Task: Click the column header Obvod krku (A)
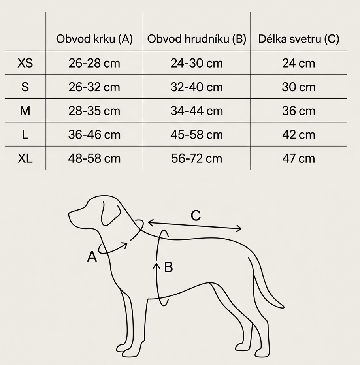(94, 39)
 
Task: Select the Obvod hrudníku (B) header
(197, 39)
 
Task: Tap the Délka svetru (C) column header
(299, 39)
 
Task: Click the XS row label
(25, 63)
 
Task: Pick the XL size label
(25, 158)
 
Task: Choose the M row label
(25, 111)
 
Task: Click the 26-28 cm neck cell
(94, 63)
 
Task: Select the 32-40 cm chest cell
(197, 87)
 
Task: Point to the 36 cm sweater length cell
(299, 111)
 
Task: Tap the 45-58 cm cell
(197, 135)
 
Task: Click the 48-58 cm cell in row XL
(94, 158)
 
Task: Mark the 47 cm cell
(299, 158)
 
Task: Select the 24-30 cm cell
(197, 63)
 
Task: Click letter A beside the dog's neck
(92, 257)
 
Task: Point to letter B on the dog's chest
(168, 267)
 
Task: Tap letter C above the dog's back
(196, 216)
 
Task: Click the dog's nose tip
(70, 215)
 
